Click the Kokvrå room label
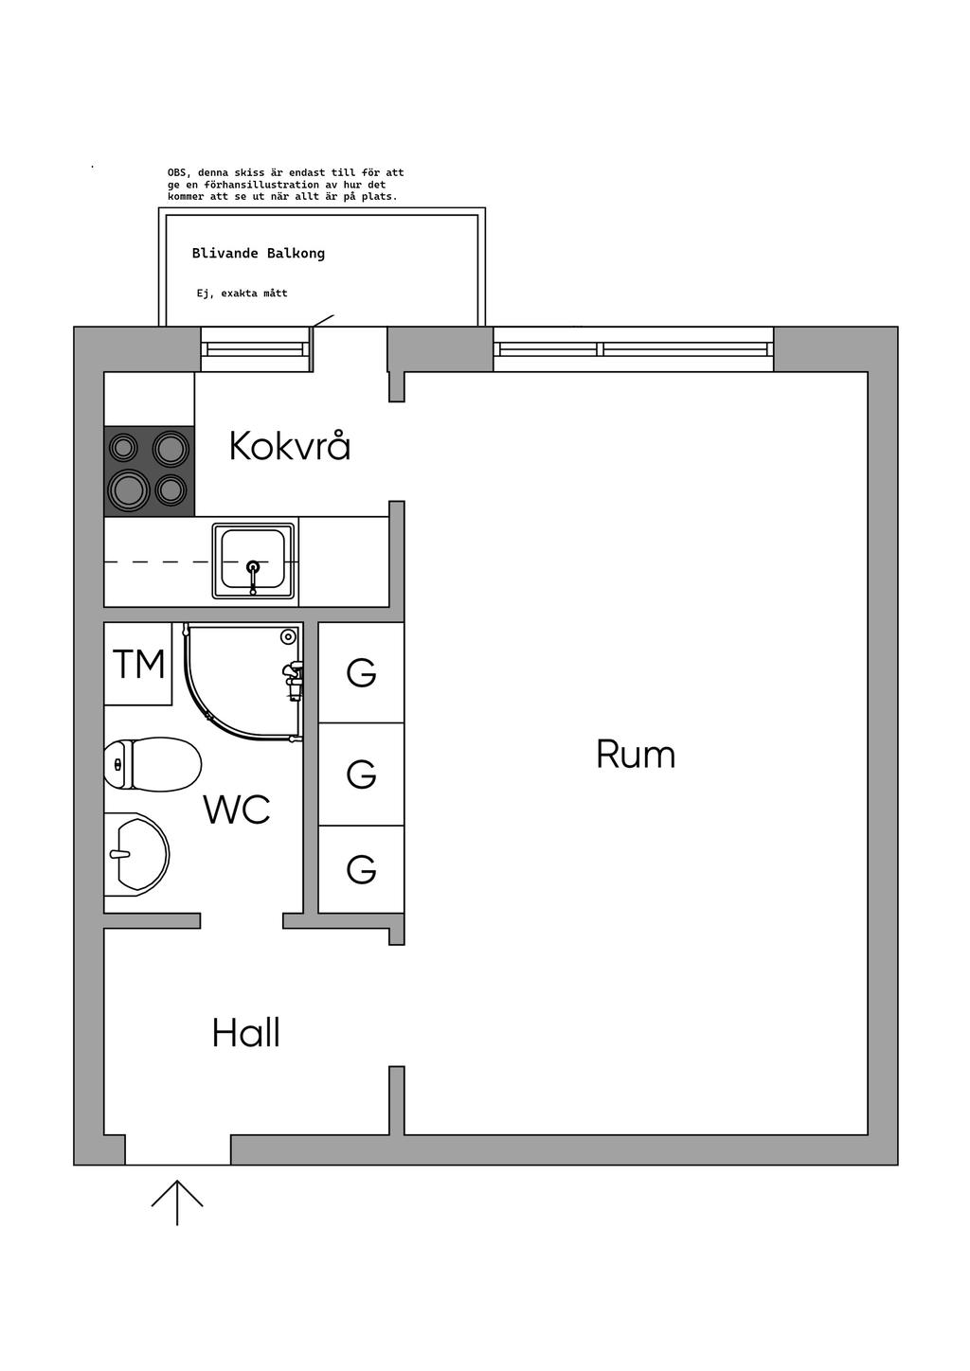[290, 446]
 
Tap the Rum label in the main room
[636, 754]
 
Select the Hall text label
[246, 1032]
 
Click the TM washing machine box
[137, 664]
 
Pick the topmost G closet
[361, 672]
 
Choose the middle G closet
[361, 775]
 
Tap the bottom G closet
[361, 869]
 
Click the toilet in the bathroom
[153, 764]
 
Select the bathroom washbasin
[136, 854]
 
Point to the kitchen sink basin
[253, 559]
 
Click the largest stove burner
[129, 489]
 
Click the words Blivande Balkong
[259, 254]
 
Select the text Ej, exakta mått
[242, 294]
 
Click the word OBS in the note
[177, 173]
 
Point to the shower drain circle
[287, 637]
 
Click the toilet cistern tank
[118, 764]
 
